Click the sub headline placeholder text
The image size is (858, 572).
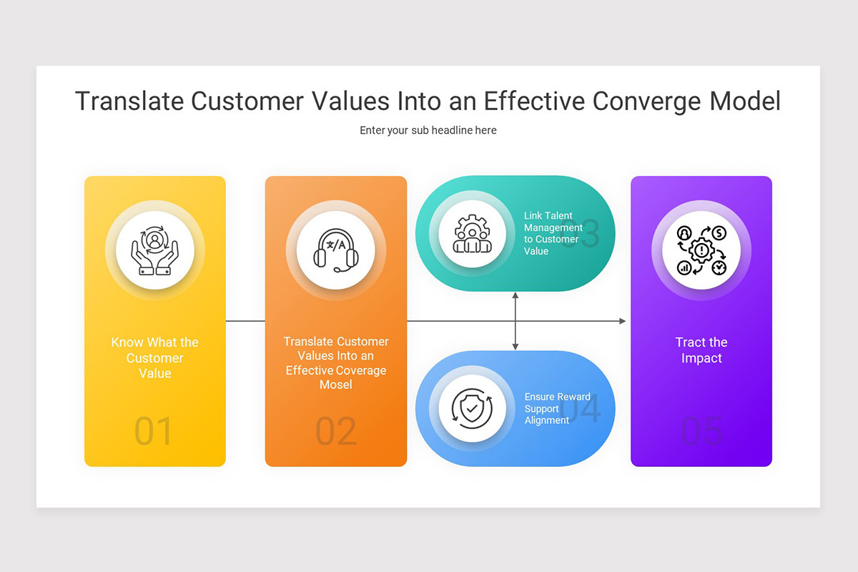coord(428,130)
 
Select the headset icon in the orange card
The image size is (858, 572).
coord(335,250)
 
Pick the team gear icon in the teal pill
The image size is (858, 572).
coord(472,233)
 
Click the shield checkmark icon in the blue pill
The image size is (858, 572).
coord(472,408)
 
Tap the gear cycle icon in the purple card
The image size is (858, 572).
coord(701,250)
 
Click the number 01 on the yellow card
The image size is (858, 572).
coord(154,432)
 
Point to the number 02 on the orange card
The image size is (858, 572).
coord(335,432)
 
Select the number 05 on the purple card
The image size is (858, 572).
coord(701,432)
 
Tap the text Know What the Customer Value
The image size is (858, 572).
coord(154,357)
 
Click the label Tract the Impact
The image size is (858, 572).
coord(701,350)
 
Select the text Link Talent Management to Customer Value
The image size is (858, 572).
coord(553,233)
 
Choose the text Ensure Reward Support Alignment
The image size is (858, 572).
coord(557,408)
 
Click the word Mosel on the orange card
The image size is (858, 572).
coord(335,385)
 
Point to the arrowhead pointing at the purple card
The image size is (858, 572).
coord(622,321)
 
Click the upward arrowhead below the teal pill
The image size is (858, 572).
coord(515,295)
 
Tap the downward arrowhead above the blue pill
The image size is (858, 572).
coord(515,347)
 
